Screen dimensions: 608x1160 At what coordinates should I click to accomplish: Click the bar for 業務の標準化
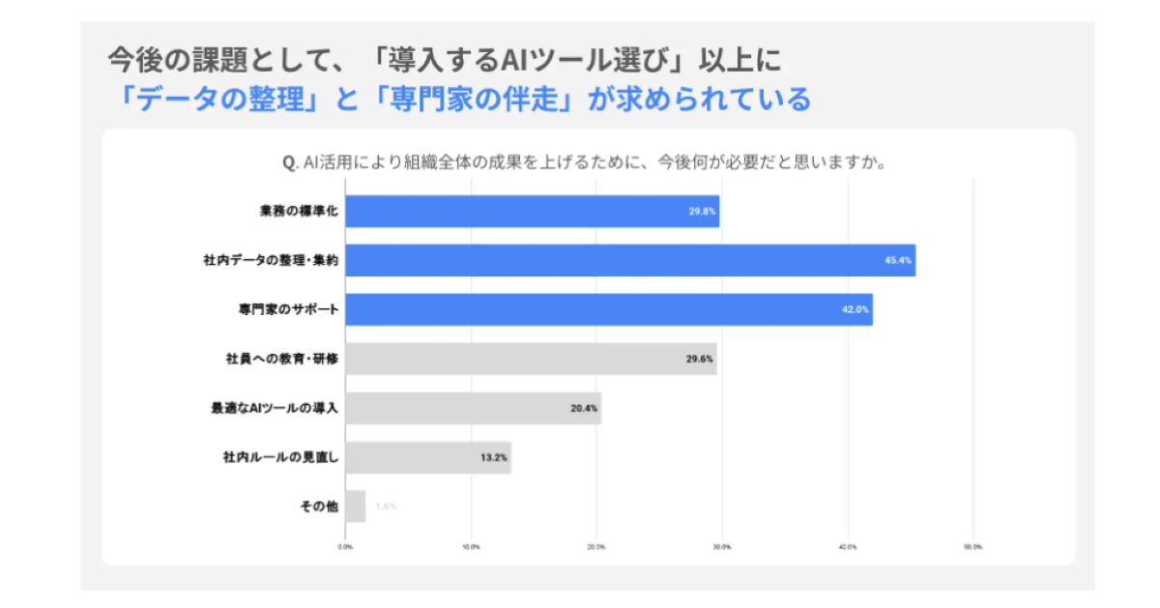532,211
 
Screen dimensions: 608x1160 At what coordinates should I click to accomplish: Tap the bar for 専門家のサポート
609,309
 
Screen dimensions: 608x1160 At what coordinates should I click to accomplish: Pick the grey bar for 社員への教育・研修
531,359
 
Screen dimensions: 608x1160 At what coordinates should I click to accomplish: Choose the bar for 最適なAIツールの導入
473,408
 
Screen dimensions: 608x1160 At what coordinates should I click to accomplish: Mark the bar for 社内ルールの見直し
428,457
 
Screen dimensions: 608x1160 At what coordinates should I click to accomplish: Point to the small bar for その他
356,507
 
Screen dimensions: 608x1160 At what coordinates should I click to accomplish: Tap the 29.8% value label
703,211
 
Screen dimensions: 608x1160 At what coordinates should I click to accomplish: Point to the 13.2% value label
494,457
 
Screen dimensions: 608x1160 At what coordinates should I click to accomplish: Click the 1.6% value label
385,507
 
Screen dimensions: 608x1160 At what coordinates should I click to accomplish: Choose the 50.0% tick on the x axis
972,547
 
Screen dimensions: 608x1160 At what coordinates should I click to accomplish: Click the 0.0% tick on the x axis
345,547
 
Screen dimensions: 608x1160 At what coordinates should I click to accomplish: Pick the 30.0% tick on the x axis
721,547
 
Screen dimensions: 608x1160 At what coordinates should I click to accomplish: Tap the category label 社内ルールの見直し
280,457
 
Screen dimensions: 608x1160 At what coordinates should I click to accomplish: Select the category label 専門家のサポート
287,309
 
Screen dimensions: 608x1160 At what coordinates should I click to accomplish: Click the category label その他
319,507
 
